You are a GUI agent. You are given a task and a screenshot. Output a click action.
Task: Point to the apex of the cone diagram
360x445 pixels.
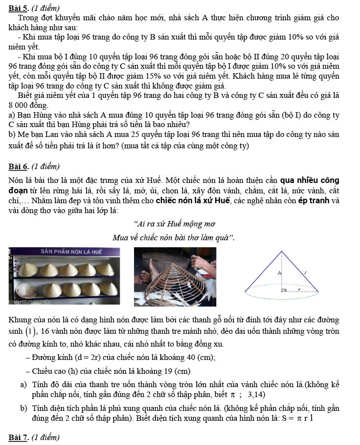click(x=282, y=251)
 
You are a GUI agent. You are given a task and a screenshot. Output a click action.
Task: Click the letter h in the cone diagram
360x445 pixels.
click(x=279, y=272)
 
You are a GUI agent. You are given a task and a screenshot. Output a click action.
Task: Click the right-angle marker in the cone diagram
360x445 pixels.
click(x=284, y=290)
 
